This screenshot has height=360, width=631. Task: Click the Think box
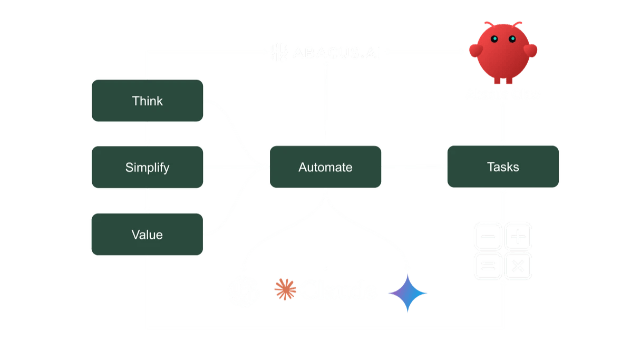pos(148,101)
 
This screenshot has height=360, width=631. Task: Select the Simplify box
pos(148,168)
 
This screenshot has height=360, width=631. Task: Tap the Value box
pos(148,235)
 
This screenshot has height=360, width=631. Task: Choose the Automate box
pos(325,167)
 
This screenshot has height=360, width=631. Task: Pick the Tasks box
pos(503,167)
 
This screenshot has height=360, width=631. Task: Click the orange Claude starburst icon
pos(285,289)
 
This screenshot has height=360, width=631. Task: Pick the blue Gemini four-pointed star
pos(407,292)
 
